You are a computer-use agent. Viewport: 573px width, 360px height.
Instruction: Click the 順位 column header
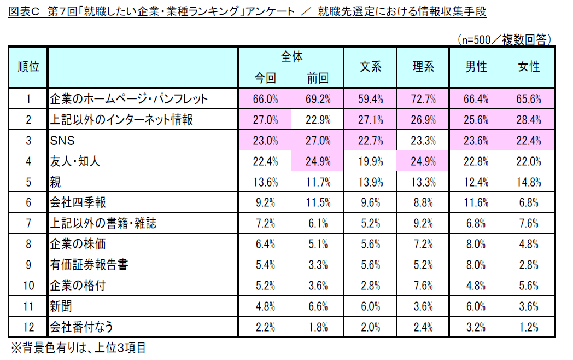(28, 67)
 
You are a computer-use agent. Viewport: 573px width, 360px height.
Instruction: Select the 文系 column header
(370, 67)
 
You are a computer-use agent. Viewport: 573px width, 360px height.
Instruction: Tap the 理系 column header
(423, 67)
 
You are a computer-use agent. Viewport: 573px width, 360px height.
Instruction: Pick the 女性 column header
(529, 67)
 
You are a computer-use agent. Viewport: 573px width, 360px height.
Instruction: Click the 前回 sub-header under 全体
(318, 78)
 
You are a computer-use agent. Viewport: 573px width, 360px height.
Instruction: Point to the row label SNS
(62, 141)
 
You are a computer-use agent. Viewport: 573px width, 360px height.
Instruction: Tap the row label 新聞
(61, 306)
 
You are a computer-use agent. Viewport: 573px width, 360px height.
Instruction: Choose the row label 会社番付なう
(82, 327)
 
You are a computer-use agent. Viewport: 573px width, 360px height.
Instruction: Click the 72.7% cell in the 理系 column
(423, 99)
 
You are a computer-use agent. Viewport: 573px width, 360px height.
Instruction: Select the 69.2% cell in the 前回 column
(318, 99)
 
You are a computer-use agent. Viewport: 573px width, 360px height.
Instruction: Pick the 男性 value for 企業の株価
(476, 244)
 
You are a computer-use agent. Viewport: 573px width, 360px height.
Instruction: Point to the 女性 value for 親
(529, 182)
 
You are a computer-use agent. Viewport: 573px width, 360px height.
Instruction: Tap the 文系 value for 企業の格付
(370, 286)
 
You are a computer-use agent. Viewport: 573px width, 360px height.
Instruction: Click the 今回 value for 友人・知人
(265, 161)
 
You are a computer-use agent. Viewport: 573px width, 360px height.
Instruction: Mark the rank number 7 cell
(28, 223)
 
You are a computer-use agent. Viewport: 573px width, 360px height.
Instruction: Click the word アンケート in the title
(271, 11)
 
